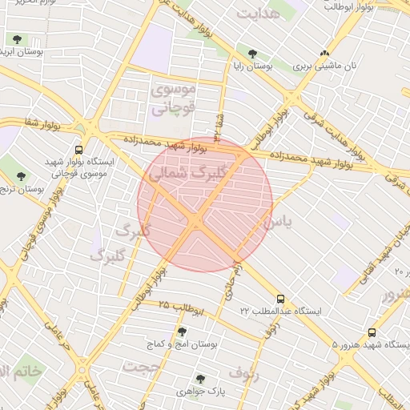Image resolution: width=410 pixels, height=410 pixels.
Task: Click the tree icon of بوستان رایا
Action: (x=252, y=54)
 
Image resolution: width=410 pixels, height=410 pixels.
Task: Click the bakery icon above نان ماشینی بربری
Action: (x=324, y=54)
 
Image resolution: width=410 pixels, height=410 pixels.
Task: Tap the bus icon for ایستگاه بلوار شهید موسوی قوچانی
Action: (x=78, y=150)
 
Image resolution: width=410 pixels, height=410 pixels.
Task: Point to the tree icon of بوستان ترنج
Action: (x=21, y=176)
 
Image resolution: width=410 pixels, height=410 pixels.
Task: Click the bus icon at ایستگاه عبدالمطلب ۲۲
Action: (x=279, y=297)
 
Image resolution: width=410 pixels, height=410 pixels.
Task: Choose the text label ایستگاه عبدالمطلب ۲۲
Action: (x=280, y=311)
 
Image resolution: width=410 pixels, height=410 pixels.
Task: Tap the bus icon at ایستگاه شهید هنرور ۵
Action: (x=372, y=332)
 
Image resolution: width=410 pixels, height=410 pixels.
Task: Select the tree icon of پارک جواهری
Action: (x=200, y=379)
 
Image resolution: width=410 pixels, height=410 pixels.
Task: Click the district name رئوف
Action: (x=245, y=372)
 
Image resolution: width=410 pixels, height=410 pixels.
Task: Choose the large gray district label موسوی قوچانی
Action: (x=172, y=100)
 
